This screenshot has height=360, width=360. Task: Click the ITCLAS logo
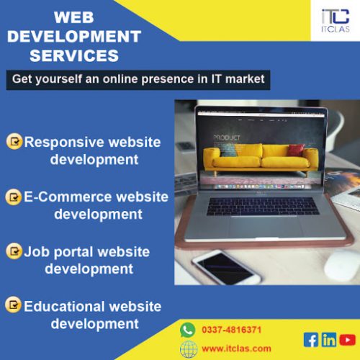pyautogui.click(x=336, y=21)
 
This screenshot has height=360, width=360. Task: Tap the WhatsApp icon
pyautogui.click(x=188, y=330)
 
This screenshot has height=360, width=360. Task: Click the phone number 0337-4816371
pyautogui.click(x=231, y=330)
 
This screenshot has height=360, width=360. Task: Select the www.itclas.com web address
pyautogui.click(x=236, y=348)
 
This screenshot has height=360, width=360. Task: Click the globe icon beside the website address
pyautogui.click(x=189, y=349)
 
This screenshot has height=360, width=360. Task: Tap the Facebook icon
pyautogui.click(x=311, y=340)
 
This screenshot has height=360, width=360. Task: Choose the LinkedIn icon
pyautogui.click(x=329, y=340)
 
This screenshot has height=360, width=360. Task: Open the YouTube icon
pyautogui.click(x=347, y=340)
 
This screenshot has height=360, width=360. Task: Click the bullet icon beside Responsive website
pyautogui.click(x=14, y=141)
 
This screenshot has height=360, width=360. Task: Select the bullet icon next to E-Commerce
pyautogui.click(x=14, y=197)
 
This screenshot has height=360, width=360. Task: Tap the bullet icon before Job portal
pyautogui.click(x=14, y=251)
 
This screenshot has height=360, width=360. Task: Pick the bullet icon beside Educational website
pyautogui.click(x=13, y=305)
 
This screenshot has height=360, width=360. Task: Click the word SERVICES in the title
pyautogui.click(x=74, y=55)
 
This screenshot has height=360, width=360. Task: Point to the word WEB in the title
pyautogui.click(x=74, y=17)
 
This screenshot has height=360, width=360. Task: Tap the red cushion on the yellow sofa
pyautogui.click(x=296, y=150)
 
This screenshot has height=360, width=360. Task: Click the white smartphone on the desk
pyautogui.click(x=226, y=267)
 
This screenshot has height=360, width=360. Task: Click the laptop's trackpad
pyautogui.click(x=264, y=228)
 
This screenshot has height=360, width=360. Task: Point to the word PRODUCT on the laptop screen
pyautogui.click(x=227, y=138)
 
